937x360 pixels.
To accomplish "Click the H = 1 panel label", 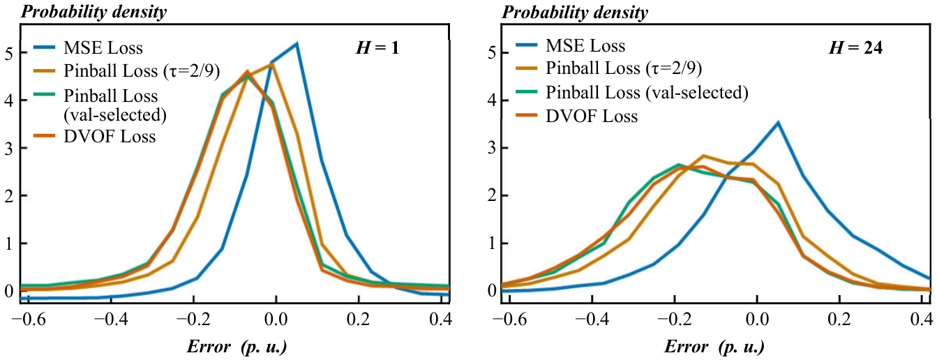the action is [x=377, y=48].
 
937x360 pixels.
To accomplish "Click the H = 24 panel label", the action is [x=856, y=48].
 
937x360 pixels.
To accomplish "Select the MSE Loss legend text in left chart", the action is [x=103, y=48].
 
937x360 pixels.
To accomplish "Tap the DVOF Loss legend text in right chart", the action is [x=592, y=116].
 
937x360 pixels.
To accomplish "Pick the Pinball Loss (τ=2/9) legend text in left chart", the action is [x=142, y=71].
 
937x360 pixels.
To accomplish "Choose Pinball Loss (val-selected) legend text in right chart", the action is [x=647, y=92].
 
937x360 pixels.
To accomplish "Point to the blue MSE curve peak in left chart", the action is [x=297, y=43].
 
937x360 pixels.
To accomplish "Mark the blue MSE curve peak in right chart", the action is [x=778, y=123].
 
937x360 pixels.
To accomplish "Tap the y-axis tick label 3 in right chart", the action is [x=492, y=149].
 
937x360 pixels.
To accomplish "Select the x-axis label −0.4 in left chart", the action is [x=110, y=320].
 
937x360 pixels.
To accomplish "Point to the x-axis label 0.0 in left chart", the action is [x=276, y=320].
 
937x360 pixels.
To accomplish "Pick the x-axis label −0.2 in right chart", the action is [x=674, y=320].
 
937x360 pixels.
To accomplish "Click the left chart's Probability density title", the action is [x=93, y=12].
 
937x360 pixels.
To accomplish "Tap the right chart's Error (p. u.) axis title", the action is [x=714, y=347].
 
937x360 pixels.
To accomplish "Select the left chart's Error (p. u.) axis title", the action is [x=237, y=347].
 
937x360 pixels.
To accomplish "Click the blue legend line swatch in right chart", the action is [x=526, y=45].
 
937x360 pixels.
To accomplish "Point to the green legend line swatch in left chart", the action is [x=45, y=94].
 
